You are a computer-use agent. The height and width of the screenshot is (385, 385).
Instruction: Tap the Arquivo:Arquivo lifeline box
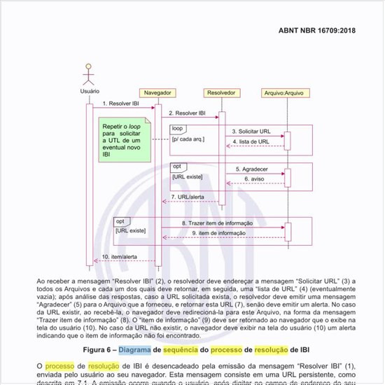[286, 92]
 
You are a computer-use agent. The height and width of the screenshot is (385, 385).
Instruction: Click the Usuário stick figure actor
[89, 76]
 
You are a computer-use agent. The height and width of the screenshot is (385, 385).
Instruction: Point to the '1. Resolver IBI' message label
[120, 103]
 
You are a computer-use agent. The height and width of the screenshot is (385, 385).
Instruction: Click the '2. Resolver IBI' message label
[187, 112]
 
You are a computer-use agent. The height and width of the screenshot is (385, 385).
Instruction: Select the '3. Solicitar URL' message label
[251, 131]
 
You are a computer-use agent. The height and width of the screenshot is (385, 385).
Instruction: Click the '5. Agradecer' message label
[252, 169]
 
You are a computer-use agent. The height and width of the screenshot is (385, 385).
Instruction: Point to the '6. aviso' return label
[253, 178]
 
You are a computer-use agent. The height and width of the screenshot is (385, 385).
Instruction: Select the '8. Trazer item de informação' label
[217, 223]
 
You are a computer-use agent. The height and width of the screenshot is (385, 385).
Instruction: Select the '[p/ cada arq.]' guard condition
[188, 139]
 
